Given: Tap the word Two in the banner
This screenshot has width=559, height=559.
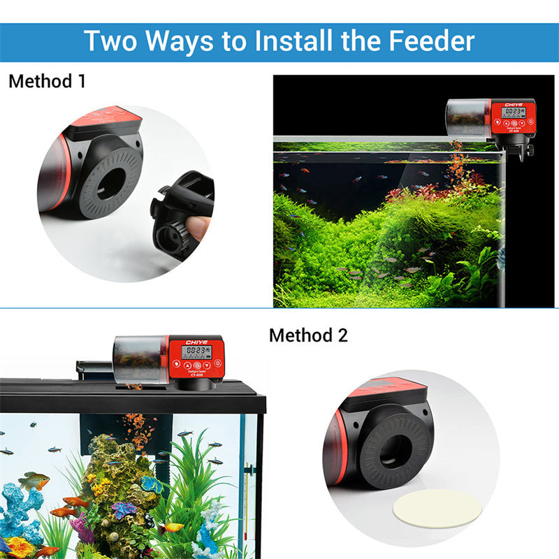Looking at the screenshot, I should pyautogui.click(x=112, y=41).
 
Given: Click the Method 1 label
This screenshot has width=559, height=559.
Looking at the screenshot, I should pyautogui.click(x=47, y=81).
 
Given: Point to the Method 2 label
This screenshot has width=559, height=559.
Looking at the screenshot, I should pyautogui.click(x=308, y=335).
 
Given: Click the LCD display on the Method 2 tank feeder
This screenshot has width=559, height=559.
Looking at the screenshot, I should pyautogui.click(x=196, y=352).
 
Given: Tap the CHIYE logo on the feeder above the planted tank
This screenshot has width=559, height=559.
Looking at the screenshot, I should pyautogui.click(x=513, y=103).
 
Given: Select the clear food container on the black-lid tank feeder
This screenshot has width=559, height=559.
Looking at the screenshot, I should pyautogui.click(x=140, y=358).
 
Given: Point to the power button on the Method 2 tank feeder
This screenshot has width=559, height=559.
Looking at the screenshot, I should pyautogui.click(x=217, y=364).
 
